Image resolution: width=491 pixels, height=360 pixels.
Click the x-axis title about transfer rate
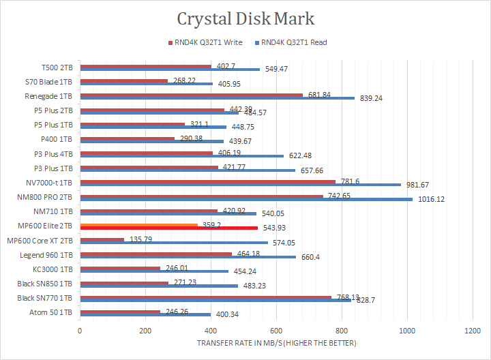(x=276, y=342)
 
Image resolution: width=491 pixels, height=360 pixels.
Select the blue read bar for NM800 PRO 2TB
(x=245, y=200)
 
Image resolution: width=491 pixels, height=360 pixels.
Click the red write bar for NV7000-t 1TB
(x=207, y=181)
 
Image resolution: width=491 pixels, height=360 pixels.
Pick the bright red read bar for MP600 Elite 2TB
(x=168, y=228)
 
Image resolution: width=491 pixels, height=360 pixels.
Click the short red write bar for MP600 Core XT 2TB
(x=102, y=239)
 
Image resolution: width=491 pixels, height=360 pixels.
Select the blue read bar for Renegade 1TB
(x=217, y=98)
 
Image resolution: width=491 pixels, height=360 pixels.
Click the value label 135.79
(x=138, y=239)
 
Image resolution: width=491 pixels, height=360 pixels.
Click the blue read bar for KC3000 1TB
(x=154, y=272)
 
